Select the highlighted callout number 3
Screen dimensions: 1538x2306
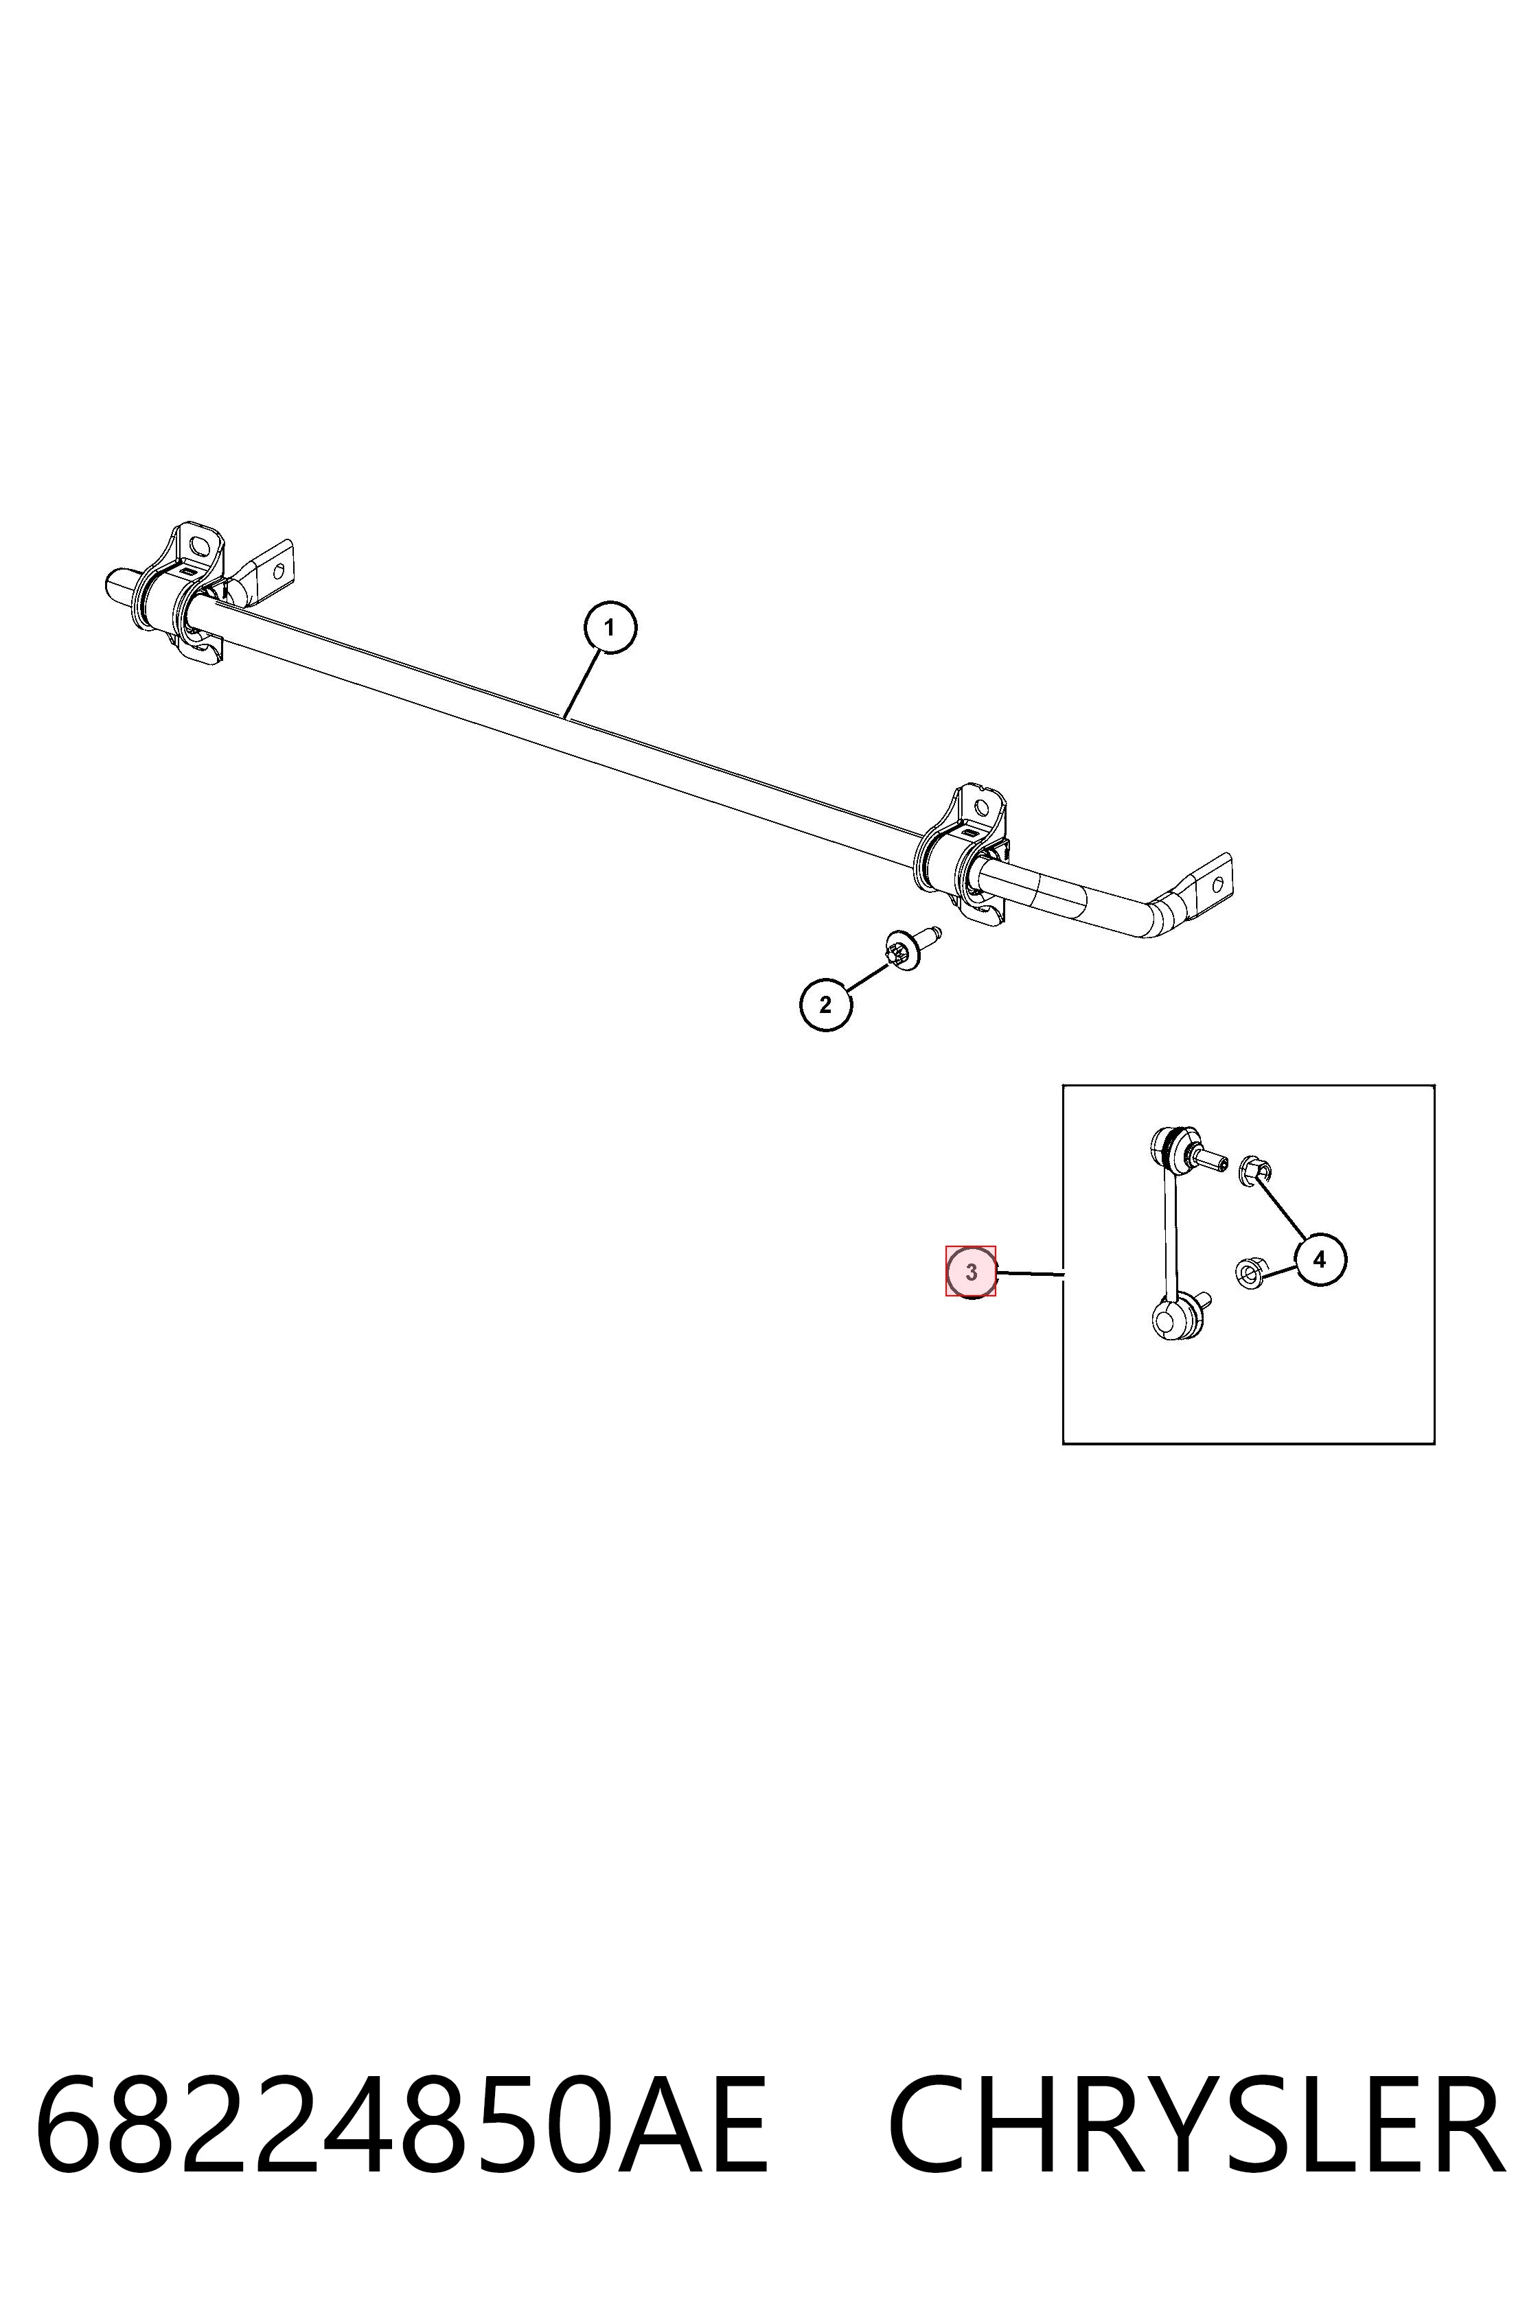pyautogui.click(x=971, y=1272)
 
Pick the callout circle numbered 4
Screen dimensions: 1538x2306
pyautogui.click(x=1319, y=1260)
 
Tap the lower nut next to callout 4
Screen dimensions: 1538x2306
pyautogui.click(x=1249, y=1274)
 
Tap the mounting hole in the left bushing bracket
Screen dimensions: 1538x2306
pyautogui.click(x=200, y=545)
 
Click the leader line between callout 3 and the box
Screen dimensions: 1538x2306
pyautogui.click(x=1030, y=1274)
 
